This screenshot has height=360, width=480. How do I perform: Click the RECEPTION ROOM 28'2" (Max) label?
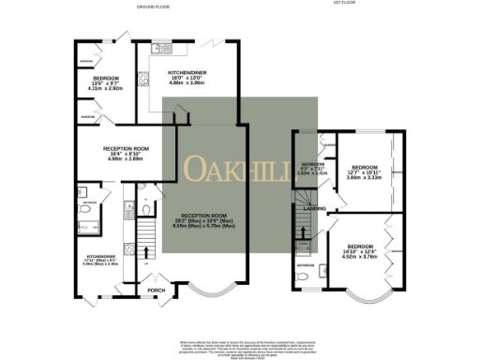coord(203,222)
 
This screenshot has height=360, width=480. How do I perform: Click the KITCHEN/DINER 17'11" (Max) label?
coord(97,260)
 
